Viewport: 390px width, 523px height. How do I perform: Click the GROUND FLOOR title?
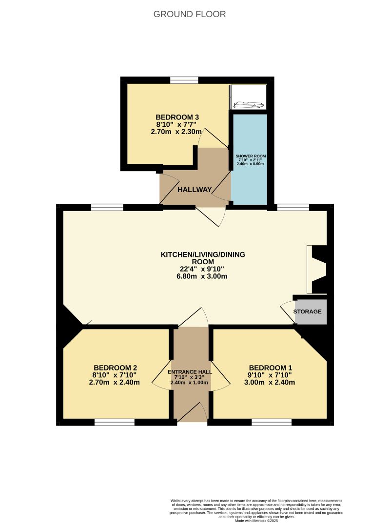point(190,14)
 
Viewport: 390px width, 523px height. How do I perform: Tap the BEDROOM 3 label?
point(177,117)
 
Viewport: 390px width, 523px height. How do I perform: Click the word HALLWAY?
point(194,190)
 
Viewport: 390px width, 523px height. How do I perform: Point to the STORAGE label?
point(307,311)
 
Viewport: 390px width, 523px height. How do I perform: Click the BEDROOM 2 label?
point(115,368)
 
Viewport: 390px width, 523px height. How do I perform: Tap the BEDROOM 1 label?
point(270,368)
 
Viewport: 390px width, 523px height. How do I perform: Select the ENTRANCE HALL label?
point(190,372)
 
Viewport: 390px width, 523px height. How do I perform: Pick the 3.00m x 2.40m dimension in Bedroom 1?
point(270,382)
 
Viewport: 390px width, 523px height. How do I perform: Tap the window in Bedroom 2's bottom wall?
point(114,422)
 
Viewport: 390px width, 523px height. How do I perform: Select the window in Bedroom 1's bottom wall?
point(272,422)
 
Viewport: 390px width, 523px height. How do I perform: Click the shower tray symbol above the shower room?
point(249,103)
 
